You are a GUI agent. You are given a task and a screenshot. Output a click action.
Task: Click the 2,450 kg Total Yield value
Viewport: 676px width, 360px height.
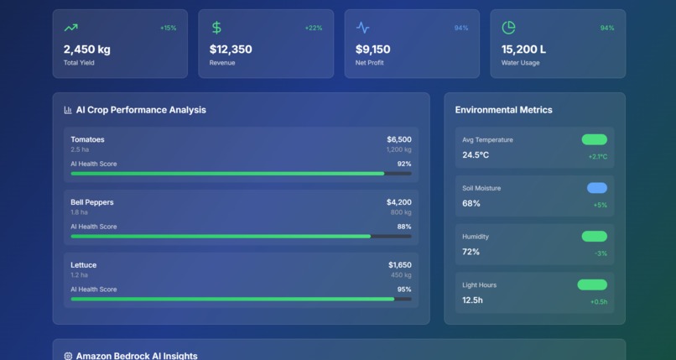[87, 50]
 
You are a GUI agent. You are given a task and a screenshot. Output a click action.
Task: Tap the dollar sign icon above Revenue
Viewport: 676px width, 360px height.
[216, 28]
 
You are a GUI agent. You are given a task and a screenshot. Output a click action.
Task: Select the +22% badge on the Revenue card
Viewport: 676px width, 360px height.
[313, 29]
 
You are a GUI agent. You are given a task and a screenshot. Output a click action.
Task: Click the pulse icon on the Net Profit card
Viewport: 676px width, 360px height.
[362, 28]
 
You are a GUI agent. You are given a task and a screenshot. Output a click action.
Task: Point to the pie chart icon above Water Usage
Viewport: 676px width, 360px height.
[508, 28]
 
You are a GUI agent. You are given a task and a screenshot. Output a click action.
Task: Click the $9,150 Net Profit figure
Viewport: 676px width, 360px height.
[373, 50]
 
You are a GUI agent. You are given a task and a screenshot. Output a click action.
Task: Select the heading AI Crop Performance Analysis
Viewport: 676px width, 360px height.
[140, 110]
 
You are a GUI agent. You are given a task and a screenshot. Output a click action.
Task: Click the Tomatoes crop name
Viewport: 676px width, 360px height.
[87, 139]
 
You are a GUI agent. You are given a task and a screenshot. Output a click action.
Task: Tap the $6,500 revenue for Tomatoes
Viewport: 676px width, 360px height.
[398, 139]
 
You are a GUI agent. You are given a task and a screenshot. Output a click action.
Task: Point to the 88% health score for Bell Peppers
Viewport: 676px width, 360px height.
[403, 227]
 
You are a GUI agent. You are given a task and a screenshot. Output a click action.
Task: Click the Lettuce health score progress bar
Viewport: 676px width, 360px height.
[241, 299]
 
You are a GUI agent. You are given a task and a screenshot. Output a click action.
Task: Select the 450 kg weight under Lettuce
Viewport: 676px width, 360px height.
[400, 275]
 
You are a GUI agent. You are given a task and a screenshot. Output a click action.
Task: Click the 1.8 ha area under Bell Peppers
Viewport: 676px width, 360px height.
[79, 212]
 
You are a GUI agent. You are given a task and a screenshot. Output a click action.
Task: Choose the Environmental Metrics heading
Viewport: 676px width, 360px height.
[503, 110]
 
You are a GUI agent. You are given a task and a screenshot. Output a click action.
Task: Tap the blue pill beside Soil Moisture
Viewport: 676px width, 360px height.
[596, 188]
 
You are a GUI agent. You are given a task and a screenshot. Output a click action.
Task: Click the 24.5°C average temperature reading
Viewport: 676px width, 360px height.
[476, 155]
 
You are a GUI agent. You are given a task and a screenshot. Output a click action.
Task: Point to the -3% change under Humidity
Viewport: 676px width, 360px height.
[601, 253]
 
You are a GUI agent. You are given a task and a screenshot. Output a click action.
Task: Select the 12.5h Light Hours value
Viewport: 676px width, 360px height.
[472, 300]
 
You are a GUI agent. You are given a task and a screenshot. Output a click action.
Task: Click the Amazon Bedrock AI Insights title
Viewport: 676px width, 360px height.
[137, 356]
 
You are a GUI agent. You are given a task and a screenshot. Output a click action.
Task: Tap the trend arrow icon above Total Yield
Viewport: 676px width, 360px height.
[70, 28]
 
